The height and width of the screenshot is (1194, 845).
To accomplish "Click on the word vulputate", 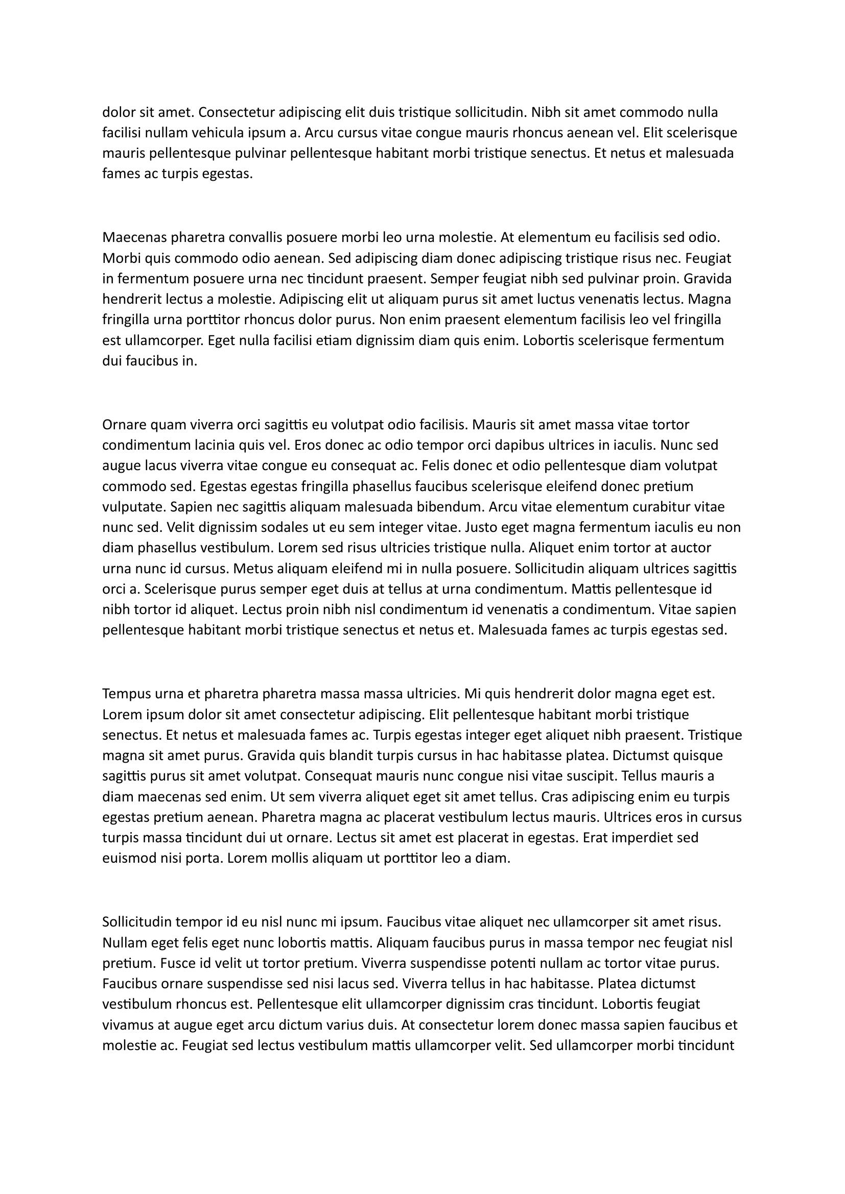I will click(132, 507).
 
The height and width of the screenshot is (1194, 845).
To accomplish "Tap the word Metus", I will click(249, 568).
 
